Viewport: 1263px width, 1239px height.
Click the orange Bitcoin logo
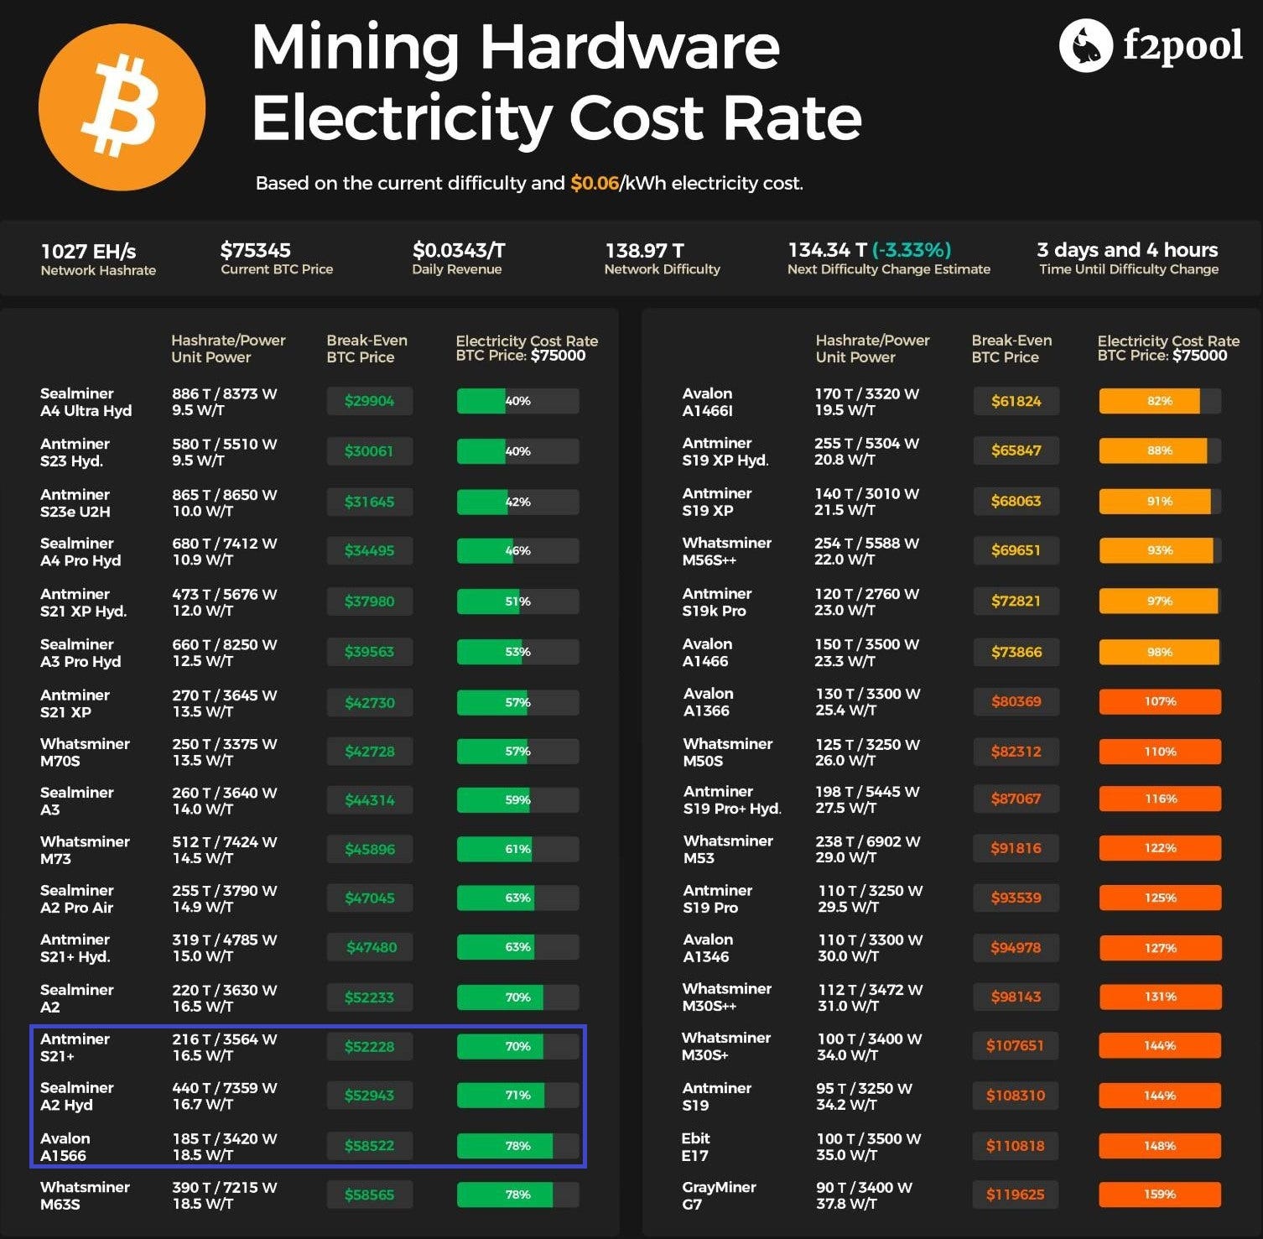coord(122,107)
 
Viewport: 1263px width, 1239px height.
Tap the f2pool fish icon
coord(1085,45)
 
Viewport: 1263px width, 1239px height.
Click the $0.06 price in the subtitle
coord(594,183)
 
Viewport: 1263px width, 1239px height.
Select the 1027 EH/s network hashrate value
coord(88,251)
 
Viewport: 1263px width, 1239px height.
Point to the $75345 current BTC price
coord(255,250)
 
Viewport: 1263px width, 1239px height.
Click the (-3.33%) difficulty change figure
coord(912,250)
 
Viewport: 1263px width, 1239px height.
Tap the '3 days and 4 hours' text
coord(1127,250)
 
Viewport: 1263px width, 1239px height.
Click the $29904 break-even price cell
coord(369,401)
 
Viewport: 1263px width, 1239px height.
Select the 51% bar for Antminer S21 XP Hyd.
coord(517,601)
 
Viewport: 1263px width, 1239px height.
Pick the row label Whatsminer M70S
coord(85,752)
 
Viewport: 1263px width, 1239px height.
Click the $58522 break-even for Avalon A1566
coord(369,1146)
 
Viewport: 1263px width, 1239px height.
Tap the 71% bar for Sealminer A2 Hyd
coord(517,1096)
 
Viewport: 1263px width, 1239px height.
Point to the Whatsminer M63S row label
coord(85,1195)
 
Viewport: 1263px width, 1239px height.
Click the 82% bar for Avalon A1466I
coord(1160,401)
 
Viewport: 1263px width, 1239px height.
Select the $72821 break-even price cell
coord(1016,601)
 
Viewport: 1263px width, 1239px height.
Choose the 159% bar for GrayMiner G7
coord(1160,1195)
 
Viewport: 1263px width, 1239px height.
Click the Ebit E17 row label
coord(696,1147)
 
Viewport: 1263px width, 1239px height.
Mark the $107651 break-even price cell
coord(1015,1046)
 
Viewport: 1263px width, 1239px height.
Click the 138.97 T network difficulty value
coord(644,251)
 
